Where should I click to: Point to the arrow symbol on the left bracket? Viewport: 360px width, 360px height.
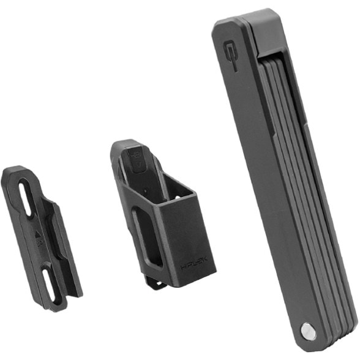tap(38, 233)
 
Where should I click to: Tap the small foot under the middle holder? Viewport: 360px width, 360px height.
tap(155, 283)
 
